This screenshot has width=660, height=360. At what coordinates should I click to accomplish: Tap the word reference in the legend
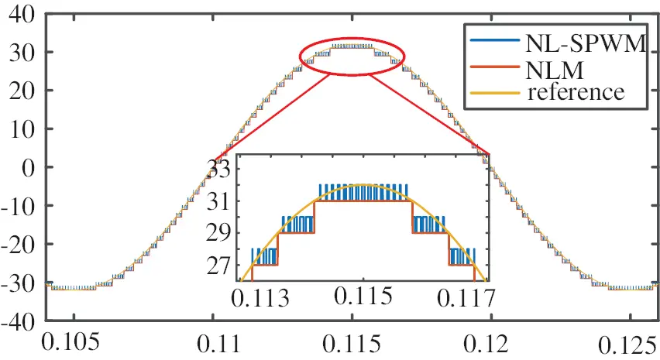(x=576, y=92)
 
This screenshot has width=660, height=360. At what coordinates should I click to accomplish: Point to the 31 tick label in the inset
(x=221, y=201)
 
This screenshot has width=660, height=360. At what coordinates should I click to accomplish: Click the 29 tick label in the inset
(x=221, y=232)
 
